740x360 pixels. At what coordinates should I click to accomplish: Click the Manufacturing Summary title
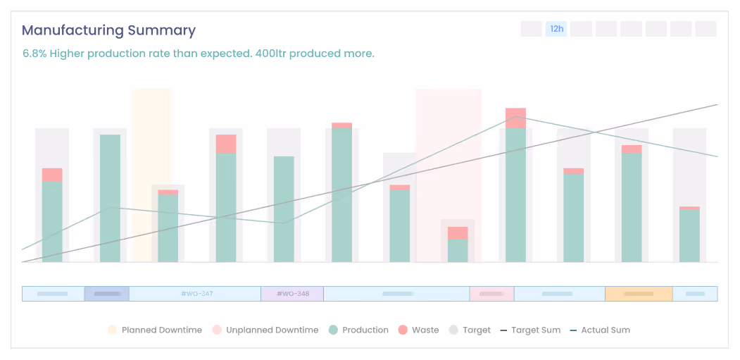[108, 30]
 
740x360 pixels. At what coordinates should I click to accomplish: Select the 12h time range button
[556, 29]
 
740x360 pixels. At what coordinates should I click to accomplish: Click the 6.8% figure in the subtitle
[35, 54]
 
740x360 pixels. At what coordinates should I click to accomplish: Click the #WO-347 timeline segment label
[196, 294]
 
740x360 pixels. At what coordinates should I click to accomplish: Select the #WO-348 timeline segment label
[292, 294]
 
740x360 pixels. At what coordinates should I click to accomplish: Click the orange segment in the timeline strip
[639, 294]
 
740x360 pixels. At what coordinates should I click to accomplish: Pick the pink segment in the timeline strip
[491, 294]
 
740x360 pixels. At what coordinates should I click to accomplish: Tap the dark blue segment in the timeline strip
[107, 294]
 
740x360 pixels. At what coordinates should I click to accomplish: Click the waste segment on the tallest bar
[515, 118]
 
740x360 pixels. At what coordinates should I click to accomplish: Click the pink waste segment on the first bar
[52, 175]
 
